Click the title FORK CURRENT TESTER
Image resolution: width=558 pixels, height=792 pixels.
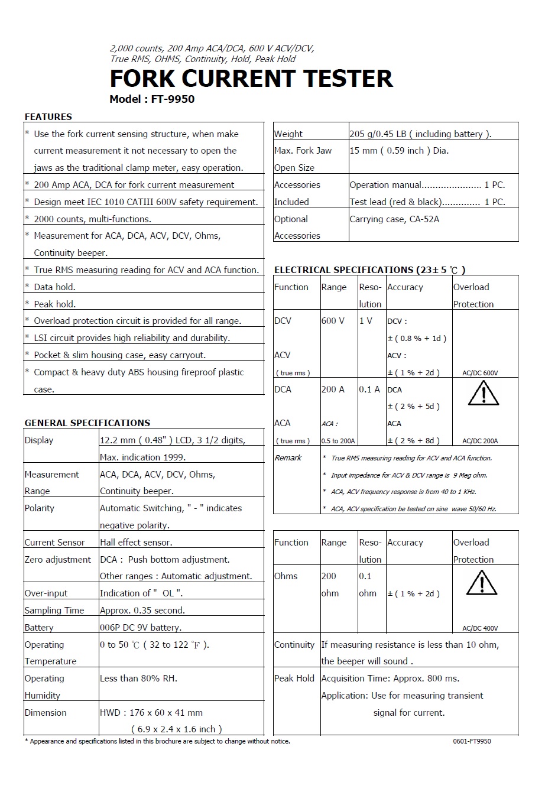coord(251,79)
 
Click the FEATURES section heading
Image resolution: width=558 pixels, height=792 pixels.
coord(48,117)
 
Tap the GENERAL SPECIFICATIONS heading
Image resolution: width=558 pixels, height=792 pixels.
coord(87,423)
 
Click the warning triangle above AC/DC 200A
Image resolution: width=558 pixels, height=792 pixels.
coord(484,394)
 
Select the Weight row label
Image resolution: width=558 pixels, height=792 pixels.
coord(288,134)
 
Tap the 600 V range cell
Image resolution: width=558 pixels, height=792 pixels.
coord(333,321)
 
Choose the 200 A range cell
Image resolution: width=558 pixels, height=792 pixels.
coord(333,389)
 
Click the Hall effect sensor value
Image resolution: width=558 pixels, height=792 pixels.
coord(136,543)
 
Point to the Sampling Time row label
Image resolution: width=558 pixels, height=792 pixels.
coord(54,611)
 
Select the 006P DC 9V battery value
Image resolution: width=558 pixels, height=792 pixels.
coord(141,628)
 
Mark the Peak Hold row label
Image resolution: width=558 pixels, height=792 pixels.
coord(294,679)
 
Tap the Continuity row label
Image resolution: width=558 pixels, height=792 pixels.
coord(294,645)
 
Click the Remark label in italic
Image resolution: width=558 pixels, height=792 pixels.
coord(288,458)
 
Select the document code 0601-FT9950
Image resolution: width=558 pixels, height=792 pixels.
coord(472,741)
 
